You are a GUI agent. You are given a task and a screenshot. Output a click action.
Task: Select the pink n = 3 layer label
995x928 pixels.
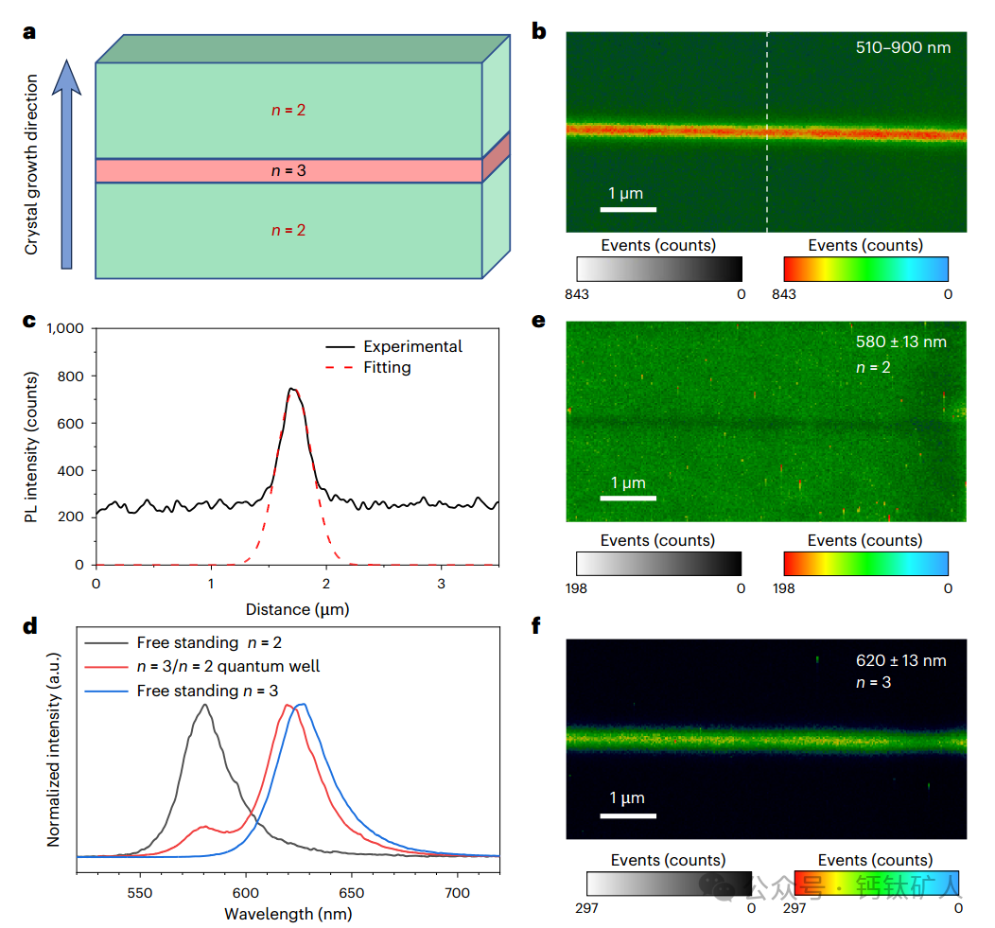pos(288,171)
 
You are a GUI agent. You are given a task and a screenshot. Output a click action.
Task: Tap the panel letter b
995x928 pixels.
pos(539,32)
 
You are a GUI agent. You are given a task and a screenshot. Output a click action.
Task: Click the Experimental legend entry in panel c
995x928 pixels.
pos(412,346)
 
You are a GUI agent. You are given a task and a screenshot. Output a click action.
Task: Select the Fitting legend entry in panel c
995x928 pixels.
pos(387,367)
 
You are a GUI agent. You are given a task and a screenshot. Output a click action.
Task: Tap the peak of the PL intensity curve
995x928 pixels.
pos(292,388)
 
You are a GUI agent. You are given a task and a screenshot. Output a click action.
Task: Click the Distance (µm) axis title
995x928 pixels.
pos(297,609)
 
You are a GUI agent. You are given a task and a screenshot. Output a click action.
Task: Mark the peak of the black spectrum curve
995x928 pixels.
pos(203,704)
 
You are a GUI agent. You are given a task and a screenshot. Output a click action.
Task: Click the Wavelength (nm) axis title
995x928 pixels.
pos(288,913)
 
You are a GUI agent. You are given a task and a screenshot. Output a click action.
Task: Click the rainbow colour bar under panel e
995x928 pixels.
pos(865,564)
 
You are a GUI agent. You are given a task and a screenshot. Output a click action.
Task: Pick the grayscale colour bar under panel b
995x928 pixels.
pos(658,270)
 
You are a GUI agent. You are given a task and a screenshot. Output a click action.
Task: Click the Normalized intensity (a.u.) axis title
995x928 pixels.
pos(55,768)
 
